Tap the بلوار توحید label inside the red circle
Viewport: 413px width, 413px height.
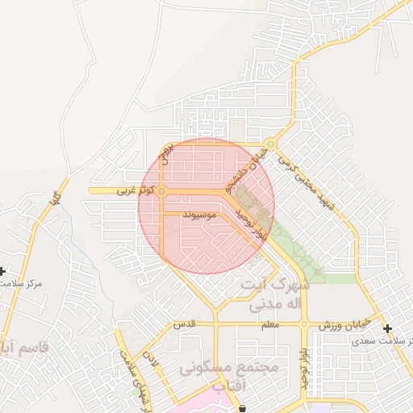(250, 222)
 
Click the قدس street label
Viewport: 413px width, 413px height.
(185, 324)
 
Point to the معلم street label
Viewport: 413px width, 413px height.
(269, 324)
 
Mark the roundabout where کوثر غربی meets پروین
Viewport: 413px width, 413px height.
(162, 191)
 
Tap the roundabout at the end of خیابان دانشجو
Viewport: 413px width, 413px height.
(271, 145)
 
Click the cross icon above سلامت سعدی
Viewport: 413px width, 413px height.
(388, 328)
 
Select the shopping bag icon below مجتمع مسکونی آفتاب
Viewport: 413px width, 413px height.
(242, 408)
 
